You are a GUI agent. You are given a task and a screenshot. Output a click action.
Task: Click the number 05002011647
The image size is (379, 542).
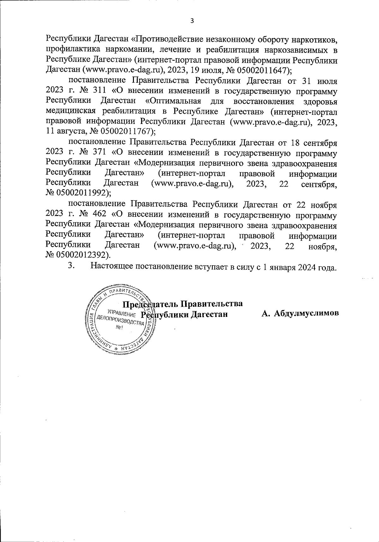coord(264,70)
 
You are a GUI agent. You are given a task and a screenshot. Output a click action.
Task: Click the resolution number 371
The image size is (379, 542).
coord(99,153)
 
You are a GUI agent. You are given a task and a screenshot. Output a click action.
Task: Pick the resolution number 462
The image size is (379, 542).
coord(99,215)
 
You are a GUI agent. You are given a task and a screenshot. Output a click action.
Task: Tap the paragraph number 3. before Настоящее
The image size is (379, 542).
coord(71,266)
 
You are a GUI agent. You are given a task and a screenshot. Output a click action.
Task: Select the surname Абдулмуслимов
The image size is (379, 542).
coord(306,313)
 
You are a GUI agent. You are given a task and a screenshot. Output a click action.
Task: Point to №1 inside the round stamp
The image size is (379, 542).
coord(119,328)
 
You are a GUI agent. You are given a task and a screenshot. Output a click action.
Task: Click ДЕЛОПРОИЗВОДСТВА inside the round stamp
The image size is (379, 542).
coord(120,321)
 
